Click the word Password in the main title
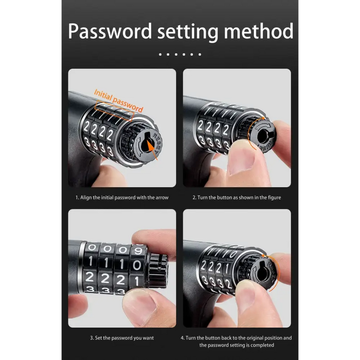point(110,31)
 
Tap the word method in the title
point(259,31)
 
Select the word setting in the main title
point(188,32)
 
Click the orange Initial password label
point(118,101)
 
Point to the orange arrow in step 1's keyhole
point(152,149)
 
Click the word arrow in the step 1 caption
point(162,197)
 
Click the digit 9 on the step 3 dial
point(138,251)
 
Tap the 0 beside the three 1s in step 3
point(137,265)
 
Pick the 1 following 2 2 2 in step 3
point(137,281)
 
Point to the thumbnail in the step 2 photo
point(242,159)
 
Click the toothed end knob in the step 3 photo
point(158,271)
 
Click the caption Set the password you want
point(122,338)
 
